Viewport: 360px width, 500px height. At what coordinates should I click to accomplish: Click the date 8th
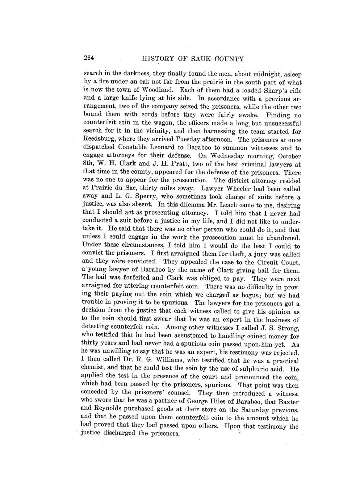pos(89,164)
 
